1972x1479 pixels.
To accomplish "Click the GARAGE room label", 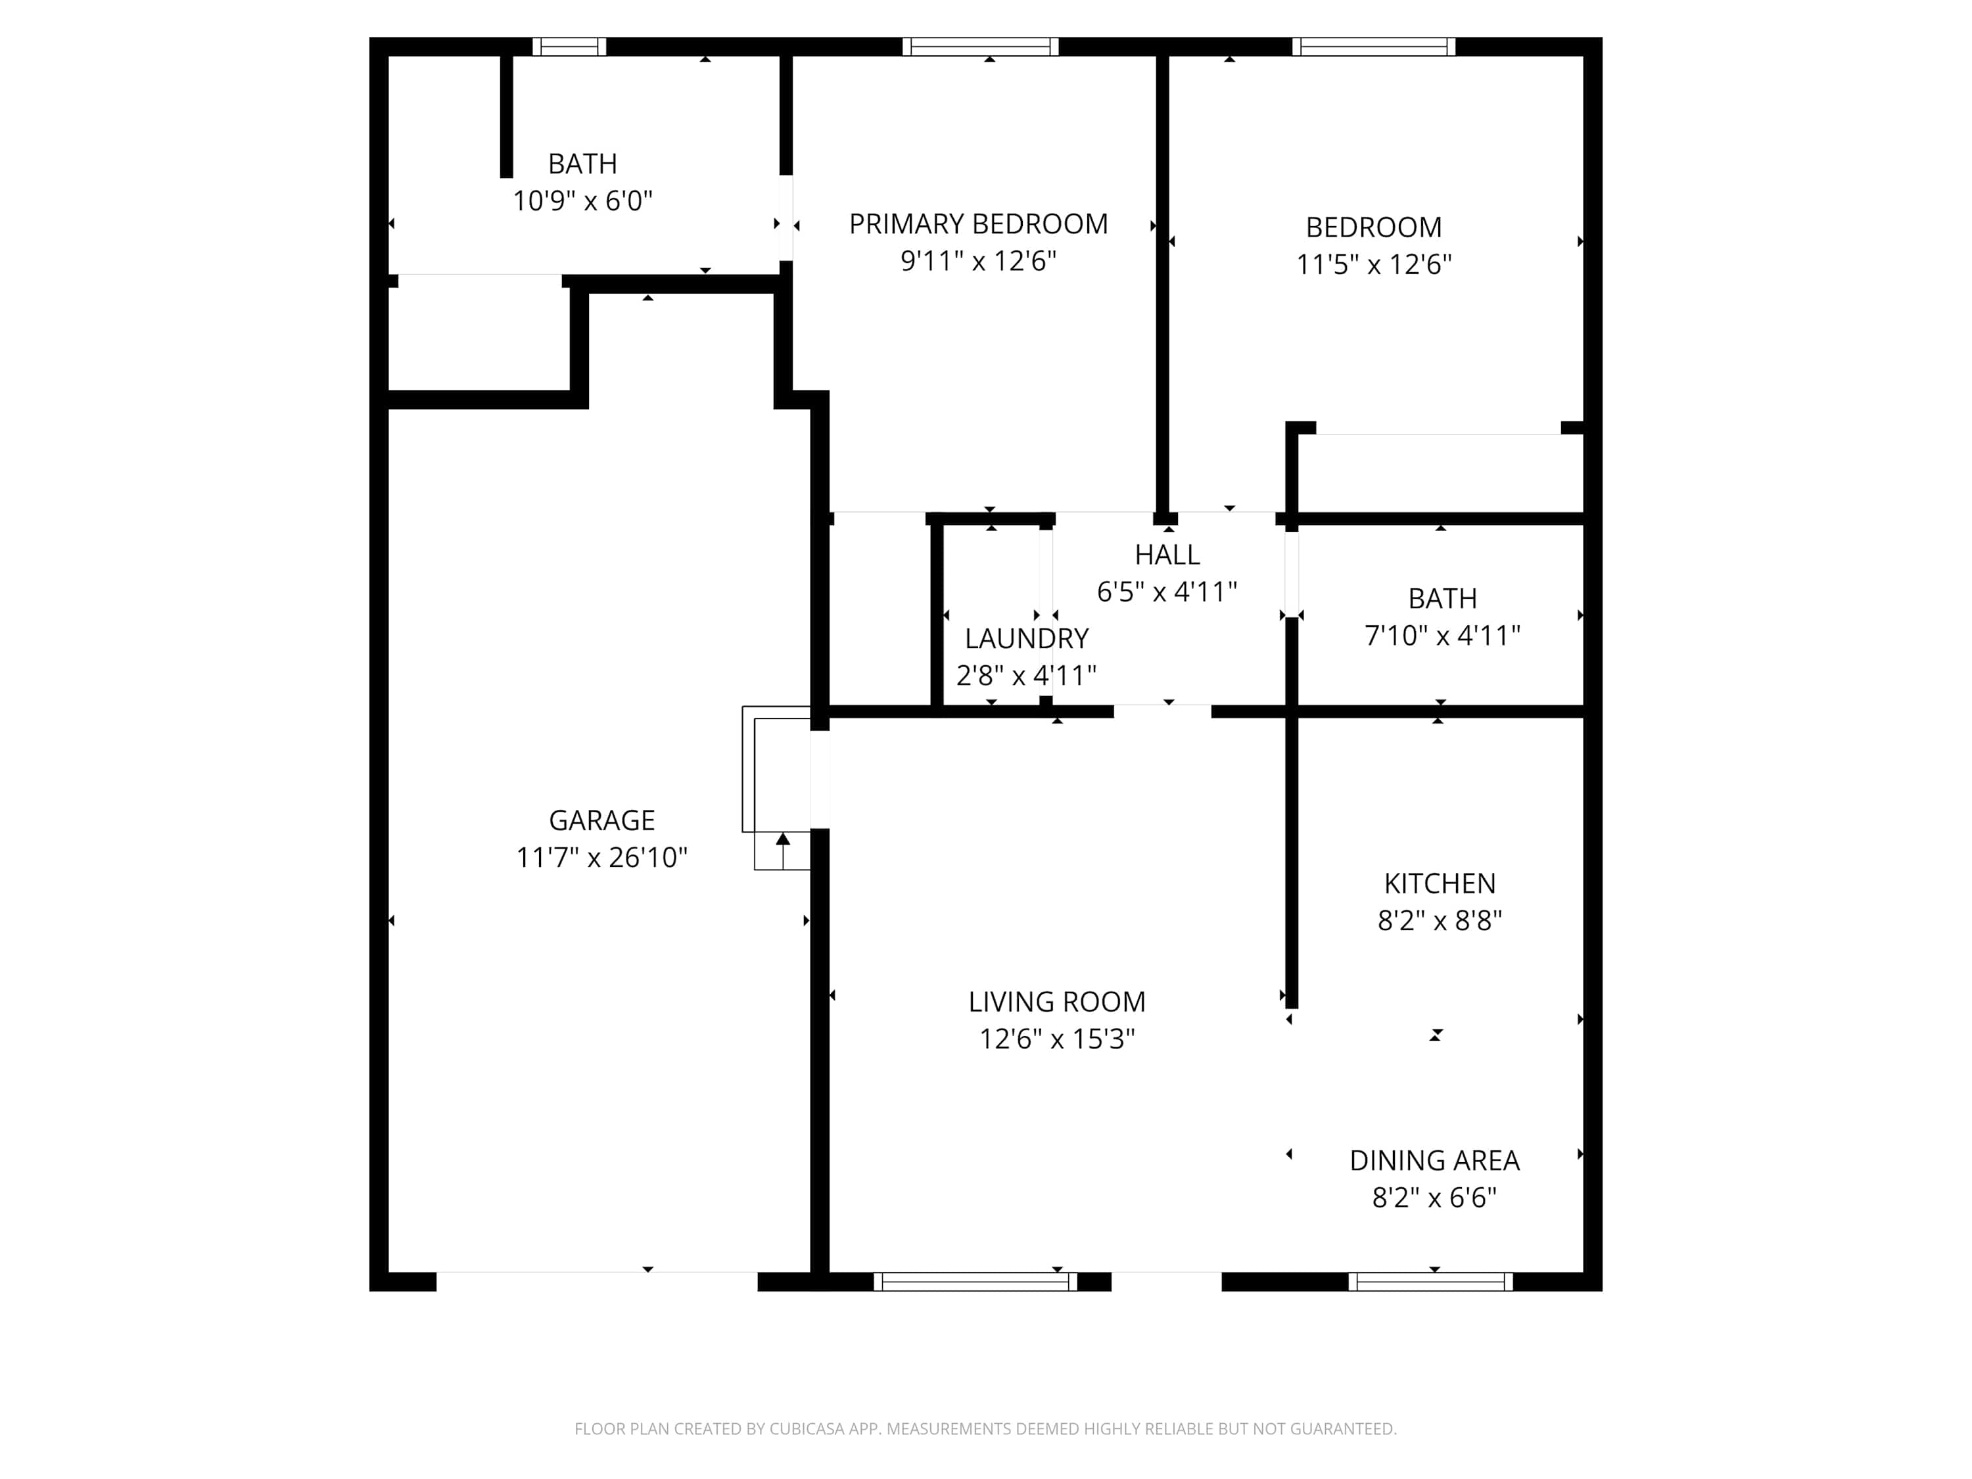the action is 601,820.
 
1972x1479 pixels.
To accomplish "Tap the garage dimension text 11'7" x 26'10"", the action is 601,858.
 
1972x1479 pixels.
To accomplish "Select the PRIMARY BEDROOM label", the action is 978,223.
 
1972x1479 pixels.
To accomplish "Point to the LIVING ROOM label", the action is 1057,1002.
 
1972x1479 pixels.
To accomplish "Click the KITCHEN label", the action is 1440,883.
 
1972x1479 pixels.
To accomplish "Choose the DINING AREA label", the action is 1434,1161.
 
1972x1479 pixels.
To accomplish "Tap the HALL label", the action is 1167,555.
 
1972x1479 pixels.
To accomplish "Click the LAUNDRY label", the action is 1027,638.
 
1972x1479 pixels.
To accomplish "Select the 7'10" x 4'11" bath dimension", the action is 1442,636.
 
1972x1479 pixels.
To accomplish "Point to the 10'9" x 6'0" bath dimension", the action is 582,200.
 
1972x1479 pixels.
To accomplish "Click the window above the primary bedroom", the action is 981,47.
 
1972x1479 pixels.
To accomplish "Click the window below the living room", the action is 975,1282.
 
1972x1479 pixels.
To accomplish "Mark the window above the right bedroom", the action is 1374,47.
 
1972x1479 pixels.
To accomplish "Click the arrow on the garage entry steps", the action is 783,851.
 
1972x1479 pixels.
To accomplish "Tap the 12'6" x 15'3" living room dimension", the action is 1057,1039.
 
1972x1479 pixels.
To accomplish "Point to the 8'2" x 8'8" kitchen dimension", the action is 1440,921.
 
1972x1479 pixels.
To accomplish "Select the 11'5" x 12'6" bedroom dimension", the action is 1374,265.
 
